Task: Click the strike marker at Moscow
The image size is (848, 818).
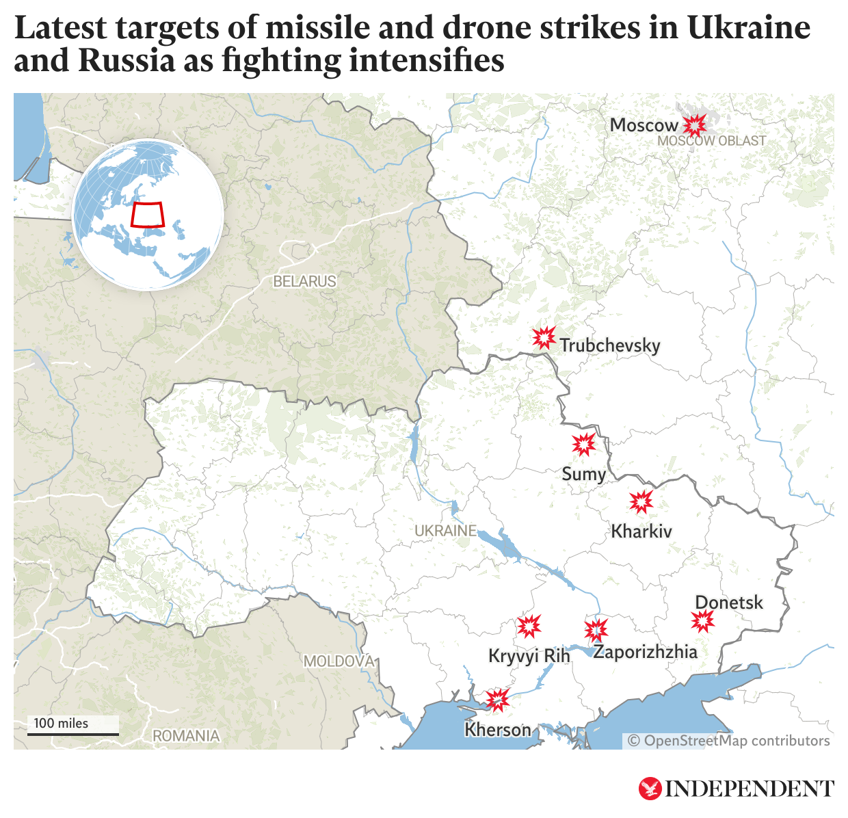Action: tap(695, 125)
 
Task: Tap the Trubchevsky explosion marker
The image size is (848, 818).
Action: tap(544, 338)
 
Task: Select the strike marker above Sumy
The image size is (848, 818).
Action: tap(583, 445)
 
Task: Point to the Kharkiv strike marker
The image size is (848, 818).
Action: tap(641, 502)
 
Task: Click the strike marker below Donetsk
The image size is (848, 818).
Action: tap(702, 622)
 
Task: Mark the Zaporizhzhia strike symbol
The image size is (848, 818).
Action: tap(596, 629)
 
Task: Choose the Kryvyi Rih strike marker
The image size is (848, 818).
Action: tap(529, 626)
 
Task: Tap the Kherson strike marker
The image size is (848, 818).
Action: tap(497, 700)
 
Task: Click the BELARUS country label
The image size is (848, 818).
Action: tap(304, 281)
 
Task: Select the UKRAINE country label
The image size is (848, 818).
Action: tap(445, 531)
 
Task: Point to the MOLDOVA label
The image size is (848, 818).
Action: tap(339, 661)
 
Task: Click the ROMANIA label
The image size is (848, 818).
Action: tap(186, 736)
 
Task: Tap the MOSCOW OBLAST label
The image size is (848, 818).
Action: tap(711, 141)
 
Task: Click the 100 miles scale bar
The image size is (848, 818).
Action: tap(72, 734)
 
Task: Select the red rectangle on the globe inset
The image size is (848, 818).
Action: tap(148, 215)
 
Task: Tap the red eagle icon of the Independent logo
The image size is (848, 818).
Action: tap(650, 789)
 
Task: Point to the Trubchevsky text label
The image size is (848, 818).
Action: tap(610, 345)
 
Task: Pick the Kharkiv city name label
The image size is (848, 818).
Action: tap(641, 531)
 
